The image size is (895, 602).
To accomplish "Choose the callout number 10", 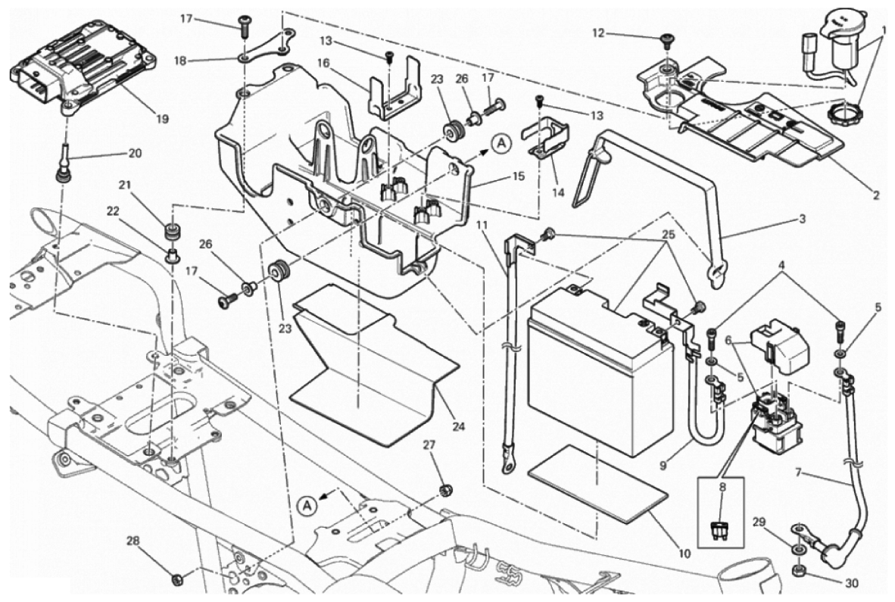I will click(x=685, y=554).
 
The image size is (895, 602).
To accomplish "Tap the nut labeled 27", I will click(x=446, y=490).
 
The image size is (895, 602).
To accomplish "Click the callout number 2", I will click(x=875, y=195).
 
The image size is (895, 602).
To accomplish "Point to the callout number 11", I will click(x=483, y=224).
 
